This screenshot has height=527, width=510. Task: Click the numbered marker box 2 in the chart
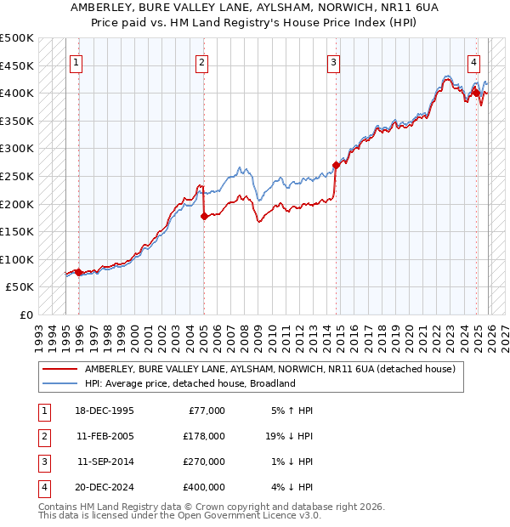202,61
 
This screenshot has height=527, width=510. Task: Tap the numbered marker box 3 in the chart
334,61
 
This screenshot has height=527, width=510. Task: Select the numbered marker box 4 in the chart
473,61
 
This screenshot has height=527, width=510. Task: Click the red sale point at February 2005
204,217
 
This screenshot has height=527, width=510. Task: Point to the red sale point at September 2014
337,166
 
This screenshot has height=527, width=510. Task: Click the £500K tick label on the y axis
17,38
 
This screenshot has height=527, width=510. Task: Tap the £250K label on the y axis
17,176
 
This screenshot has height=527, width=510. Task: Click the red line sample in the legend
59,369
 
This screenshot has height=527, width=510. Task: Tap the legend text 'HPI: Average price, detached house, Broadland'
190,383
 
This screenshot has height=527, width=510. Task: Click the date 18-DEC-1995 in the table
105,411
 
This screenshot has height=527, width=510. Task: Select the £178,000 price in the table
204,436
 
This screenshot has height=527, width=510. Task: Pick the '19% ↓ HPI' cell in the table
289,436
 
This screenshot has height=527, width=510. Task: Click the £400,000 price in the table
204,487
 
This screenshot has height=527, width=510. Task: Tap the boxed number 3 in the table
43,462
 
